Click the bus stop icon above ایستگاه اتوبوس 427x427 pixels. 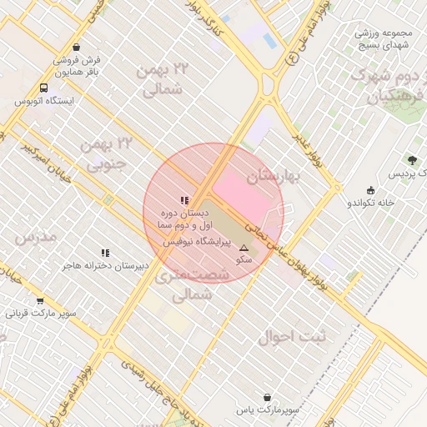point(43,88)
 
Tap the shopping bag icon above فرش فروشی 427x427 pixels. point(77,48)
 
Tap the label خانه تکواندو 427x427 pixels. point(369,203)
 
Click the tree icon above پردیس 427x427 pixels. point(413,159)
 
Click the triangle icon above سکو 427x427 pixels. point(244,248)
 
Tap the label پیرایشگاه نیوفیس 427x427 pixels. point(189,240)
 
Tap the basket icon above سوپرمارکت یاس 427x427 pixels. point(267,398)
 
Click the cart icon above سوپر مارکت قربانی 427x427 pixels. point(40,301)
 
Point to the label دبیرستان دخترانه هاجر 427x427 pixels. point(105,265)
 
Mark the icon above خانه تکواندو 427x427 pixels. point(370,190)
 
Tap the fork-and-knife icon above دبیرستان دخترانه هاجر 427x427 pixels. point(105,253)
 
